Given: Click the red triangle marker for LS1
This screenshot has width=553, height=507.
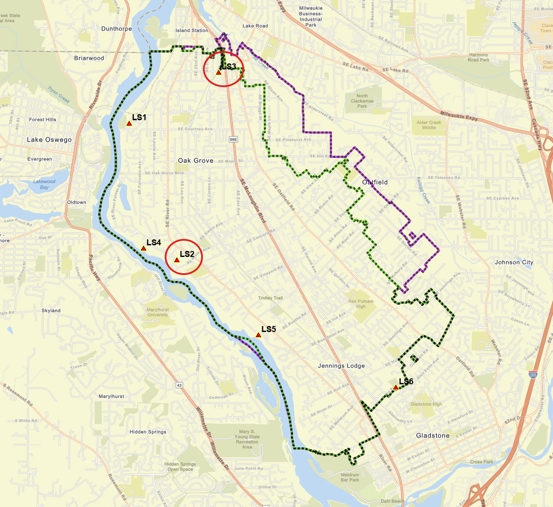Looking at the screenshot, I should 129,124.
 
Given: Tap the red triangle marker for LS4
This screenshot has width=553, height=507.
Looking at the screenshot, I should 143,248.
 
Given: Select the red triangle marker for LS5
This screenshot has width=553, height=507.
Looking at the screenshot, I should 258,335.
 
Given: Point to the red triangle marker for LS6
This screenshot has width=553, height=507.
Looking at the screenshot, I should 396,387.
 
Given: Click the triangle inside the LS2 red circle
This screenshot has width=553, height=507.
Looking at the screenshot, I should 177,260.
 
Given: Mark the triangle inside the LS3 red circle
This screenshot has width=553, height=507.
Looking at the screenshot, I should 218,73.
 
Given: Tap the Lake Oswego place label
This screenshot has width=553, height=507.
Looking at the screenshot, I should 49,140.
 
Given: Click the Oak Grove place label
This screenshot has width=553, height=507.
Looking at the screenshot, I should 196,160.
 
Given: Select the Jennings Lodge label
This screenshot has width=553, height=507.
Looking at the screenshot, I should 341,366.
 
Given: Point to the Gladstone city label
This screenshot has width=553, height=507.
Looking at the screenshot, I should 433,436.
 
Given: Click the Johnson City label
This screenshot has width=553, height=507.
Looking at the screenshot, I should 514,263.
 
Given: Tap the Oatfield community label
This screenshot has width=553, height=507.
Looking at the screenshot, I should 375,182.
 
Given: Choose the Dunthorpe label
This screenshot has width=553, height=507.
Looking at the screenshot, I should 117,29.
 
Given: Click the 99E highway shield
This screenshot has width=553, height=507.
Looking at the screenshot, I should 233,139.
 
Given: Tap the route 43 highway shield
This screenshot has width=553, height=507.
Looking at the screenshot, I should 179,385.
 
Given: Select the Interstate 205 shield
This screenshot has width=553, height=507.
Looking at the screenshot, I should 533,375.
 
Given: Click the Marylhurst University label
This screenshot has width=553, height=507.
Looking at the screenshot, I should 158,312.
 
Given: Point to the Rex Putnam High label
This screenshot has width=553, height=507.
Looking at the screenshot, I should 361,304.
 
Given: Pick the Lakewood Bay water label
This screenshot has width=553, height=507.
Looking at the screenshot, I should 44,184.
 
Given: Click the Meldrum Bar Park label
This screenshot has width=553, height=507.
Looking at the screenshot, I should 350,477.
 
